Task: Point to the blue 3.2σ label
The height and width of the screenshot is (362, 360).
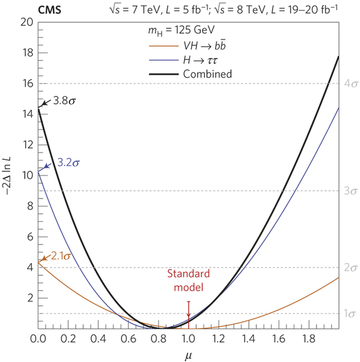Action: [70, 162]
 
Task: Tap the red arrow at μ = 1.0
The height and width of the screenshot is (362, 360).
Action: [188, 310]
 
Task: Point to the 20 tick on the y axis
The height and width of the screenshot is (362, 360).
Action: [26, 22]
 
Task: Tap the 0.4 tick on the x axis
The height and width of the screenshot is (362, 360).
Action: [98, 338]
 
